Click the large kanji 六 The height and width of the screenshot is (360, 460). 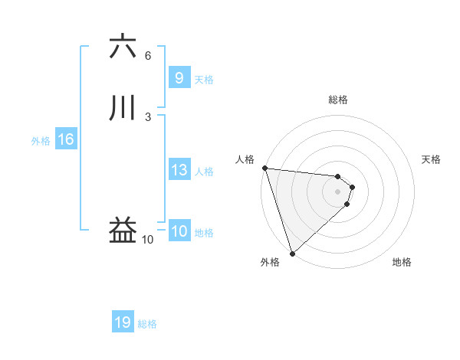click(x=123, y=47)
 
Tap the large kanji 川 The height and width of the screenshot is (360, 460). click(x=123, y=108)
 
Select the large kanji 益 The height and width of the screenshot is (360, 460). click(x=123, y=231)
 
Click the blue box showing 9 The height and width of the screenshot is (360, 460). click(x=179, y=78)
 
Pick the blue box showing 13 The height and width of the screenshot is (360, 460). click(x=179, y=171)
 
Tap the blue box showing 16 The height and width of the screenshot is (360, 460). click(x=65, y=139)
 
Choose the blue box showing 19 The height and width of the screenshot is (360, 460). click(x=123, y=322)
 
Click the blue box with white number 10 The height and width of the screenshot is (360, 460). click(x=179, y=232)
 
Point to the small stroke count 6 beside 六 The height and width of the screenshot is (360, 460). click(x=148, y=56)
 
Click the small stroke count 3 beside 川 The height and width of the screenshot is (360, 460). click(x=148, y=116)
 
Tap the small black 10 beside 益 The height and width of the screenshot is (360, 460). click(x=148, y=240)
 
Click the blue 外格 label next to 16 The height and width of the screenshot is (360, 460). click(x=40, y=141)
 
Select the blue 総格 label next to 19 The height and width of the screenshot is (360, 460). click(x=147, y=324)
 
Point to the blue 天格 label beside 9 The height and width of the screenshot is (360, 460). click(x=204, y=80)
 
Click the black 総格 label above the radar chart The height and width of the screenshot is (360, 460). click(x=338, y=100)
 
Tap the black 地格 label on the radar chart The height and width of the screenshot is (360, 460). click(x=402, y=263)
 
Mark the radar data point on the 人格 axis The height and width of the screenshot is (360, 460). click(x=264, y=168)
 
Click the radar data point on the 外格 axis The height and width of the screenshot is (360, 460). click(x=292, y=253)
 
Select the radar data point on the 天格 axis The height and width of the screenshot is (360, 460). click(x=353, y=187)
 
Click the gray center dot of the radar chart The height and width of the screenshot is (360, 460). click(x=338, y=191)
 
